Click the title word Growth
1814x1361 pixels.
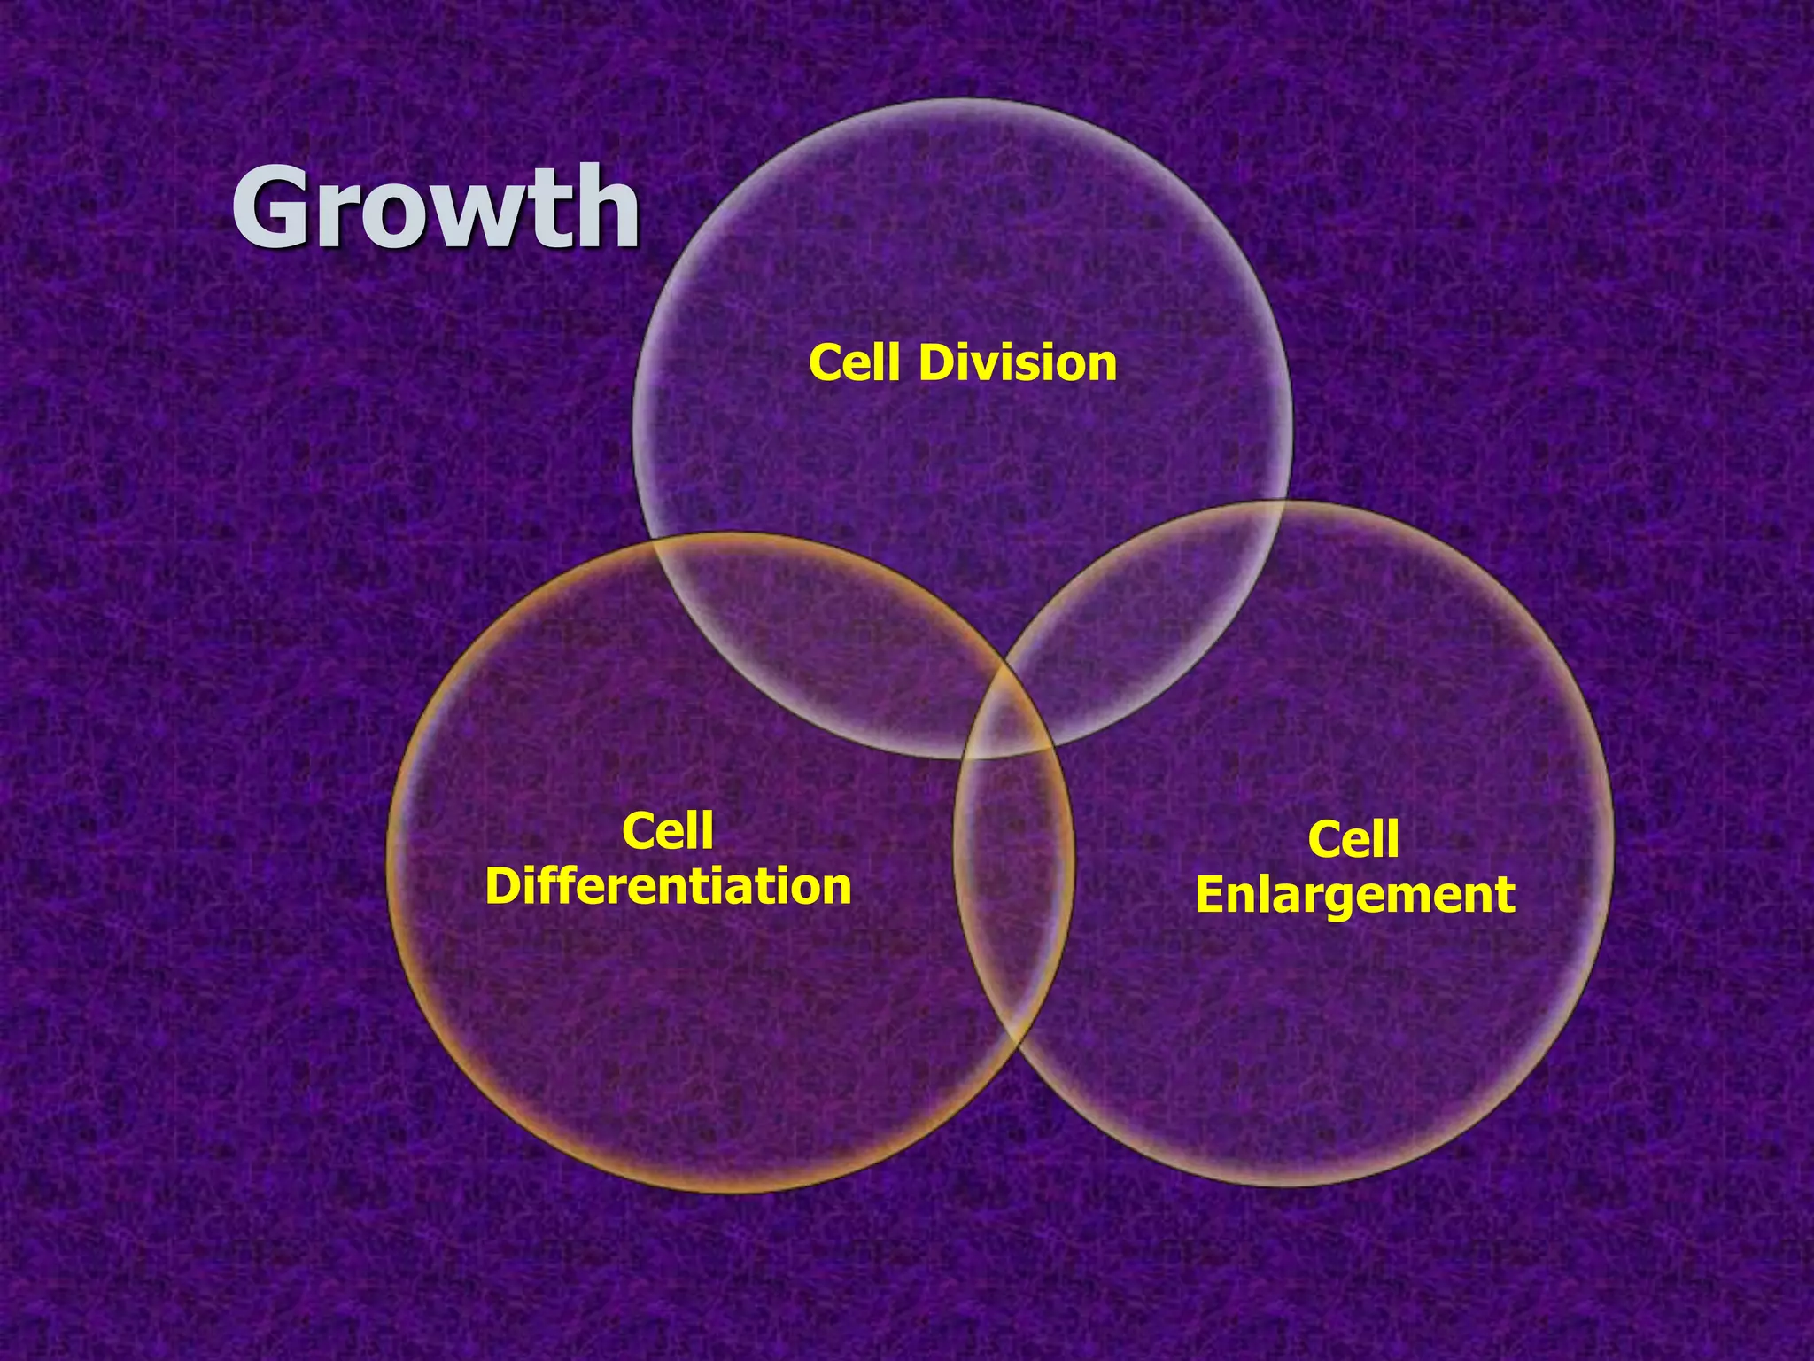tap(436, 208)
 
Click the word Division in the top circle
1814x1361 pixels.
tap(1018, 363)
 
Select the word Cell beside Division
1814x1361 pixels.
tap(858, 363)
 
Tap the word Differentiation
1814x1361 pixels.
tap(669, 886)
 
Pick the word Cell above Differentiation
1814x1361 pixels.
tap(668, 831)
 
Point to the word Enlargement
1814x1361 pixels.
tap(1355, 895)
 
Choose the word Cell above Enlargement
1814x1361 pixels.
tap(1353, 839)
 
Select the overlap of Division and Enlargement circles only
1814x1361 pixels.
tap(1151, 620)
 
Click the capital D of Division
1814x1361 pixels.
tap(937, 363)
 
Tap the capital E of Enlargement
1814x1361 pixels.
tap(1212, 895)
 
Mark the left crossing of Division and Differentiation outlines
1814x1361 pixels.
tap(653, 542)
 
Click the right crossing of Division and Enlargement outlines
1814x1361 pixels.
tap(1283, 502)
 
